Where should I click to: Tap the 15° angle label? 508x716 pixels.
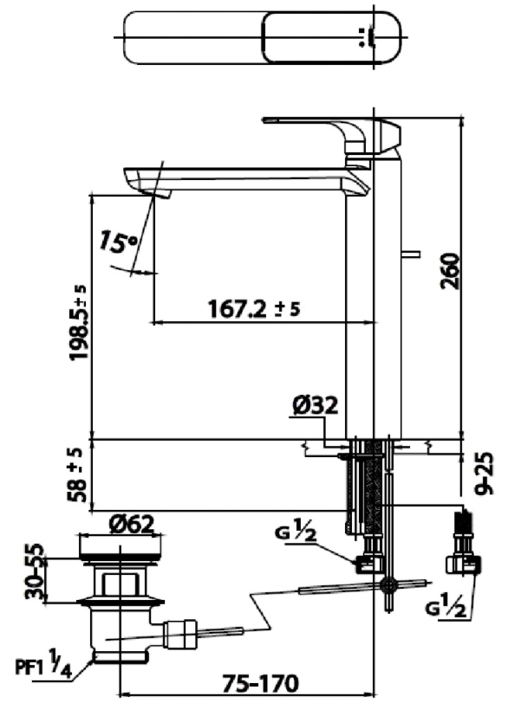[119, 242]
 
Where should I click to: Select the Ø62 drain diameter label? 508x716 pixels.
[132, 523]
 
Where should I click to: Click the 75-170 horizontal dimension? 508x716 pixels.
[253, 683]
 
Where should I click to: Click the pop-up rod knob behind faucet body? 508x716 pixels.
[412, 255]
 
